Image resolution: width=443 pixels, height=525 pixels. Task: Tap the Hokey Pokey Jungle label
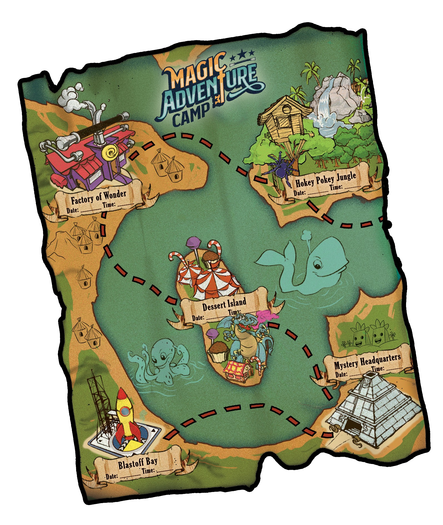(326, 179)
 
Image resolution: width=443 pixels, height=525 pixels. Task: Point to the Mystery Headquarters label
(367, 360)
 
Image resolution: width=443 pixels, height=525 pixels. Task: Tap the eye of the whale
(317, 266)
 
